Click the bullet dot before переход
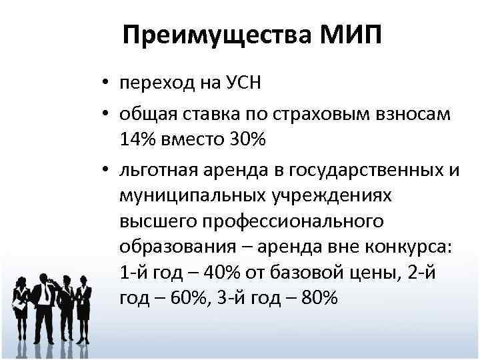pyautogui.click(x=106, y=85)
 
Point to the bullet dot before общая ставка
pyautogui.click(x=106, y=114)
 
